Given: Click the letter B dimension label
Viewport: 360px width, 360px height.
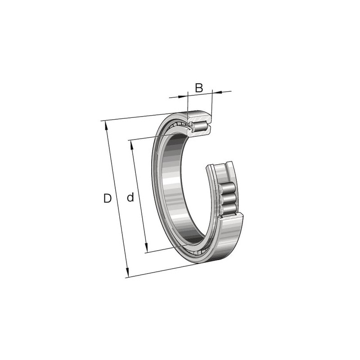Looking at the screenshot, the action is point(199,88).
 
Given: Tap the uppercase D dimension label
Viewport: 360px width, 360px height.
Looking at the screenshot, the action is point(107,198).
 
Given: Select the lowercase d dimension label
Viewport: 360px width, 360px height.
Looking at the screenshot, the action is point(130,197).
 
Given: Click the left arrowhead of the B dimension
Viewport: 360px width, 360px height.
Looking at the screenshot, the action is point(183,96).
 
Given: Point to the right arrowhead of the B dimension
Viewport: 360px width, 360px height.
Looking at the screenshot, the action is point(217,92).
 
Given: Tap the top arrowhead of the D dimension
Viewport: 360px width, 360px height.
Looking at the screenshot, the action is point(106,126).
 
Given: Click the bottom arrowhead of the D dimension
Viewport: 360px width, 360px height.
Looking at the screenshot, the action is point(127,273).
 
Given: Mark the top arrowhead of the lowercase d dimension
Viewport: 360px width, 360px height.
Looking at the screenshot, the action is point(132,145).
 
